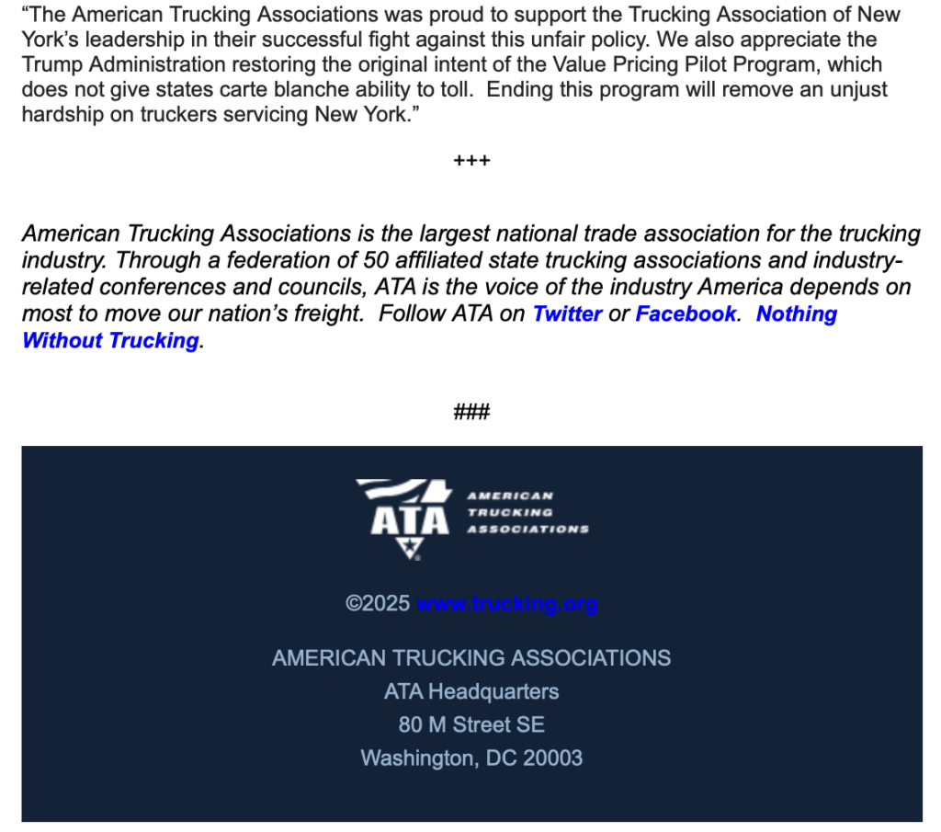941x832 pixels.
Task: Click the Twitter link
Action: tap(567, 313)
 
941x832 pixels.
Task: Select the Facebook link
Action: tap(686, 313)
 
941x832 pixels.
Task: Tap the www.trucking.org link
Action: tap(506, 604)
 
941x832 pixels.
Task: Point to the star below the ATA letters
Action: tap(408, 548)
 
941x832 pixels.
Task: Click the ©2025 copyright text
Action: tap(378, 604)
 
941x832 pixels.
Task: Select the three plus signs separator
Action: tap(471, 161)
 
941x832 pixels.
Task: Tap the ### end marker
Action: tap(471, 411)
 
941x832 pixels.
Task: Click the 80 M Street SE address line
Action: tap(471, 724)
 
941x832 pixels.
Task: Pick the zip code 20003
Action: tap(552, 758)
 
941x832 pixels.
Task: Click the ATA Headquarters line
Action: tap(471, 691)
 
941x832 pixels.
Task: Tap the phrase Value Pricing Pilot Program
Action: tap(684, 65)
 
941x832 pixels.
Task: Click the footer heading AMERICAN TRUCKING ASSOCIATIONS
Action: tap(471, 658)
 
